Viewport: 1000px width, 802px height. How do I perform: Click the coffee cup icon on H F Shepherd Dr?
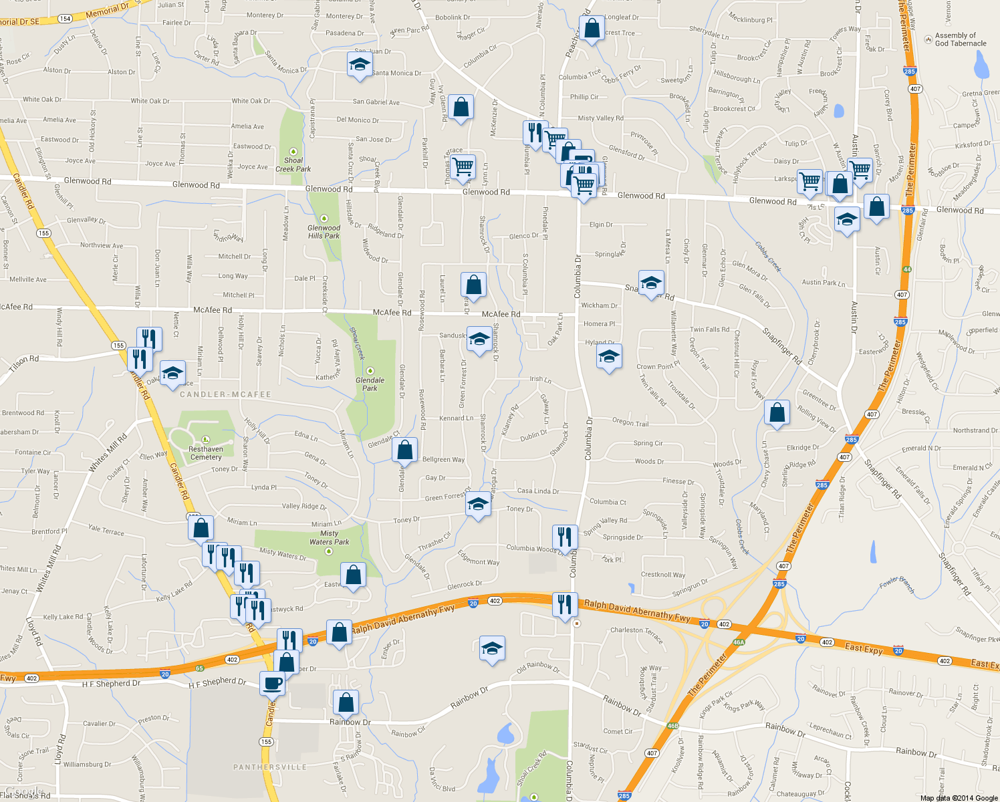click(272, 683)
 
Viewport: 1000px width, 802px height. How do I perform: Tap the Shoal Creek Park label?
click(293, 164)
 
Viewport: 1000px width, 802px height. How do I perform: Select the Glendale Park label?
click(370, 384)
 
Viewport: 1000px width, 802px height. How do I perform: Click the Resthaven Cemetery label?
click(206, 453)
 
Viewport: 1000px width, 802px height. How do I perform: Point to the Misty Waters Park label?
click(330, 537)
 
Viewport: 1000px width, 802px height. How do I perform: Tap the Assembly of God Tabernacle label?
click(960, 39)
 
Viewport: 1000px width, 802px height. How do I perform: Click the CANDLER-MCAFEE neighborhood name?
click(225, 395)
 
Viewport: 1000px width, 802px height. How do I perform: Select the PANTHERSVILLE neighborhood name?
click(270, 767)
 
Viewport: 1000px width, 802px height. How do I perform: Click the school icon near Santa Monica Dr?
click(360, 65)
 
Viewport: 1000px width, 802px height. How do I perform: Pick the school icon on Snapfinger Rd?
click(651, 283)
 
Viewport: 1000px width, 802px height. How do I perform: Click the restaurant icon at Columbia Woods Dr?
click(565, 537)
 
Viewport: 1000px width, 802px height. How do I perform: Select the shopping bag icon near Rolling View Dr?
click(777, 412)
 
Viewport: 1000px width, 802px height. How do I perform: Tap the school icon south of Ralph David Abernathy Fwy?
click(492, 648)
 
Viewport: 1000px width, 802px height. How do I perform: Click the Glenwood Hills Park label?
click(324, 231)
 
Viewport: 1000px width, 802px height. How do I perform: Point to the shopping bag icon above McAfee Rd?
click(473, 285)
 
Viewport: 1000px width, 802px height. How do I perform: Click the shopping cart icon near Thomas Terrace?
click(463, 166)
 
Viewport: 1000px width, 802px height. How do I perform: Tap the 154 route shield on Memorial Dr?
click(66, 19)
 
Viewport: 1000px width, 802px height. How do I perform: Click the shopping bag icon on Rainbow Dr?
click(346, 702)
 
